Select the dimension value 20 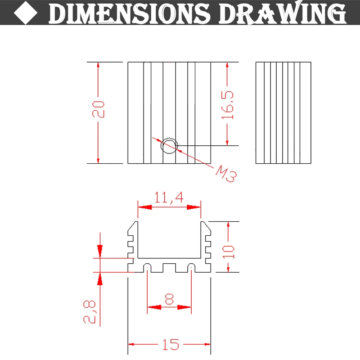99,109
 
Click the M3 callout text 226,173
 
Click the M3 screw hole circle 170,145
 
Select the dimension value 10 229,250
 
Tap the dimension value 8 169,299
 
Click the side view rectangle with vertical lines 283,112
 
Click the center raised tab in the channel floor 169,267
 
